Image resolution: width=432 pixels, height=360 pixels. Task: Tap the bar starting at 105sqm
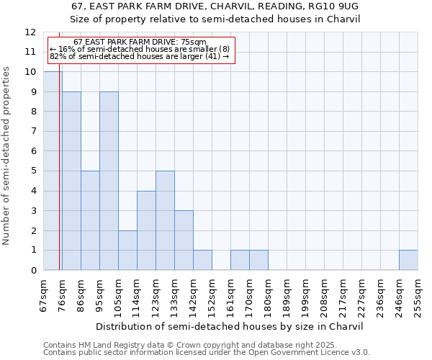[127, 250]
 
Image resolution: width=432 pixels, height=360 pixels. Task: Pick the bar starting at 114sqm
[146, 230]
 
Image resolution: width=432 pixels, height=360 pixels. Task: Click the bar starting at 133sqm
[184, 240]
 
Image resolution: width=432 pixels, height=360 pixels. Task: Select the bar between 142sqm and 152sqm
[202, 260]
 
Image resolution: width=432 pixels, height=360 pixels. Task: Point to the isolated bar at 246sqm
[408, 260]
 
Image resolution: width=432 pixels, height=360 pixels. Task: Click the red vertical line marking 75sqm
[59, 180]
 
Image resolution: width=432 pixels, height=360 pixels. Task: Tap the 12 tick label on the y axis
[30, 32]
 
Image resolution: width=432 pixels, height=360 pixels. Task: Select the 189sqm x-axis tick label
[287, 294]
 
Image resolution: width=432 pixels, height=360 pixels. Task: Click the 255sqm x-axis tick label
[418, 294]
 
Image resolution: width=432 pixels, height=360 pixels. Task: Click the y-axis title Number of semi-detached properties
[7, 156]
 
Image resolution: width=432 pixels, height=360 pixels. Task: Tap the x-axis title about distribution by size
[230, 326]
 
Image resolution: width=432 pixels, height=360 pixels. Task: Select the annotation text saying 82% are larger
[140, 55]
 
